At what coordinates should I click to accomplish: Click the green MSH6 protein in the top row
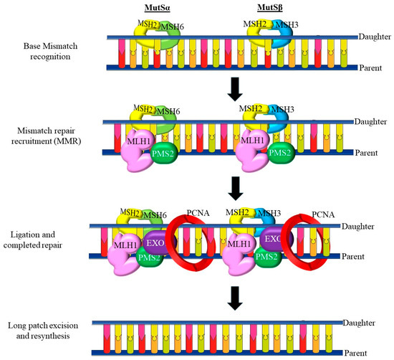pos(172,33)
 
